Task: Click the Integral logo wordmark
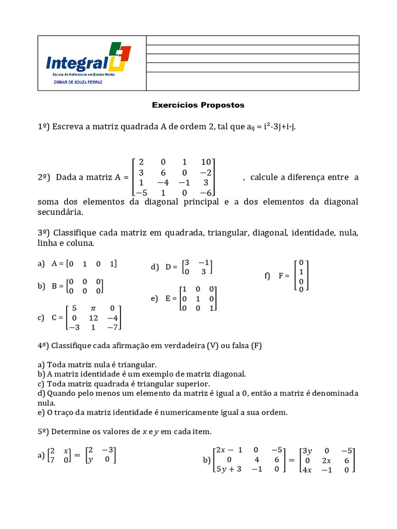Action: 78,63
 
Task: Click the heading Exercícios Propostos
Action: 198,105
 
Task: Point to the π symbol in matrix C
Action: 94,308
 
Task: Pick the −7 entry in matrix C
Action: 113,327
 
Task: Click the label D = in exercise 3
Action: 171,267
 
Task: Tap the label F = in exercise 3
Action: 284,276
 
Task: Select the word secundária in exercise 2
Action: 60,212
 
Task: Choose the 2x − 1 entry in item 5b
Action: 228,450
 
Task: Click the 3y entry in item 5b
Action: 308,450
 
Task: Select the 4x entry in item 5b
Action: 308,469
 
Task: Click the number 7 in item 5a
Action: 51,460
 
